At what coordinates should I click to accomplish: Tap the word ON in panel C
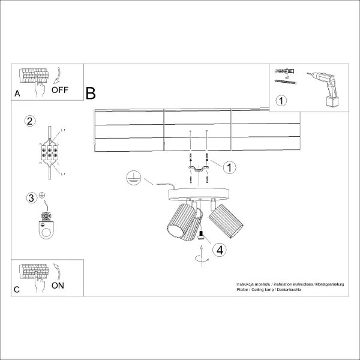coord(58,285)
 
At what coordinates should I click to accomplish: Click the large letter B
coord(91,94)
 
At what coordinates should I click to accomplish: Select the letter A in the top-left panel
coord(17,94)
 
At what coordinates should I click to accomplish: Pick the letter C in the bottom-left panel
coord(17,290)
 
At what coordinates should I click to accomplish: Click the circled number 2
coord(29,121)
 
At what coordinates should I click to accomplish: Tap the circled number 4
coord(220,250)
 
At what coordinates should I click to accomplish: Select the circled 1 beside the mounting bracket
coord(229,167)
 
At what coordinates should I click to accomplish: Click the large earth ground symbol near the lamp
coord(134,178)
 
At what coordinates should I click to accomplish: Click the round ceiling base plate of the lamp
coord(198,194)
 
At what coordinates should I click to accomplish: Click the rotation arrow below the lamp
coord(200,259)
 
